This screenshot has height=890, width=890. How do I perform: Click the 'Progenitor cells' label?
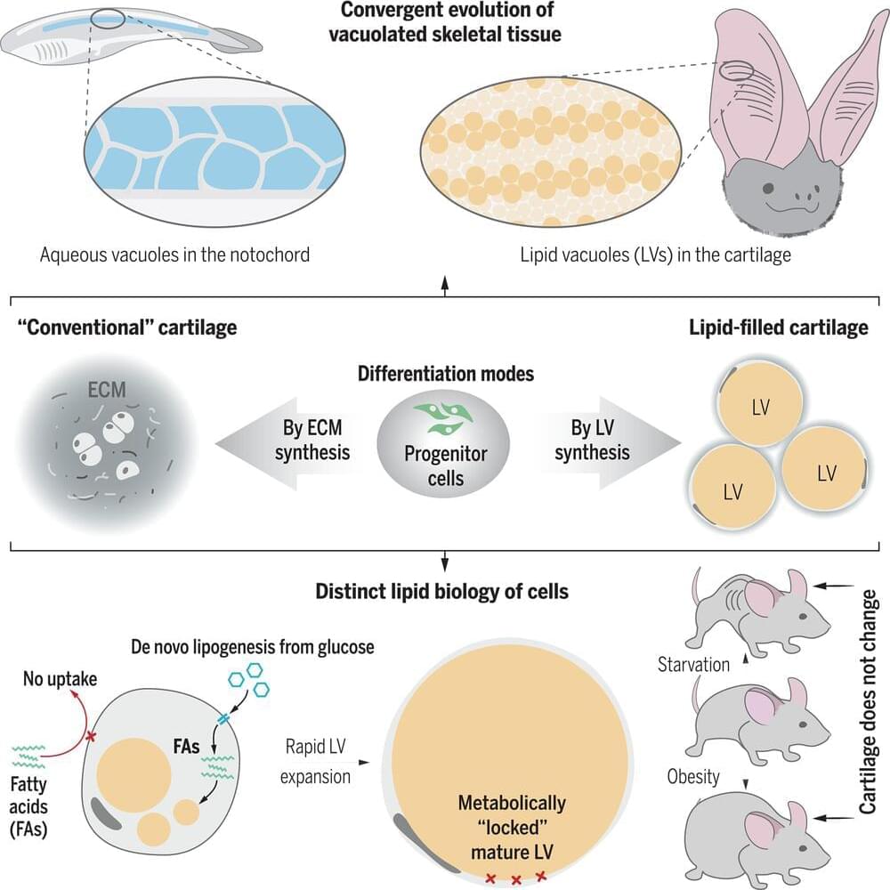(445, 465)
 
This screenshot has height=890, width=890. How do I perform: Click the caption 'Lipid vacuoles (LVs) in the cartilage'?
(656, 255)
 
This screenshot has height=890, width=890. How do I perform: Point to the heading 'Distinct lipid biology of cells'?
(443, 590)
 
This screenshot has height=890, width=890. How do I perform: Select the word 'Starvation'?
(693, 664)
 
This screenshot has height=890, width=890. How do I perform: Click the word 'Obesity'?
(693, 777)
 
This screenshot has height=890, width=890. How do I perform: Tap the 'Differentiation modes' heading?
(445, 373)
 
